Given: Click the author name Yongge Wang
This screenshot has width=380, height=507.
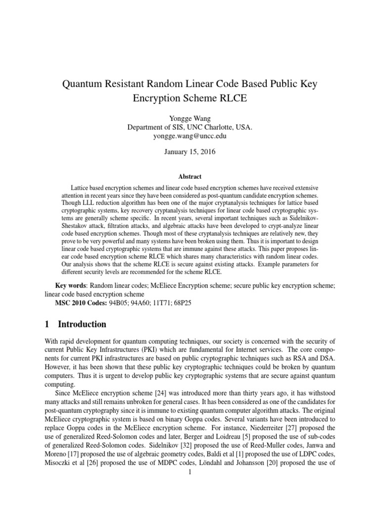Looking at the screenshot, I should pos(190,119).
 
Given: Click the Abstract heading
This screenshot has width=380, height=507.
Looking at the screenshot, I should pos(190,176).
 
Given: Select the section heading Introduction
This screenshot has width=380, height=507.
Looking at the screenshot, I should pos(82,324).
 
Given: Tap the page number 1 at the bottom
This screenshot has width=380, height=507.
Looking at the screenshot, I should pos(190,472).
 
